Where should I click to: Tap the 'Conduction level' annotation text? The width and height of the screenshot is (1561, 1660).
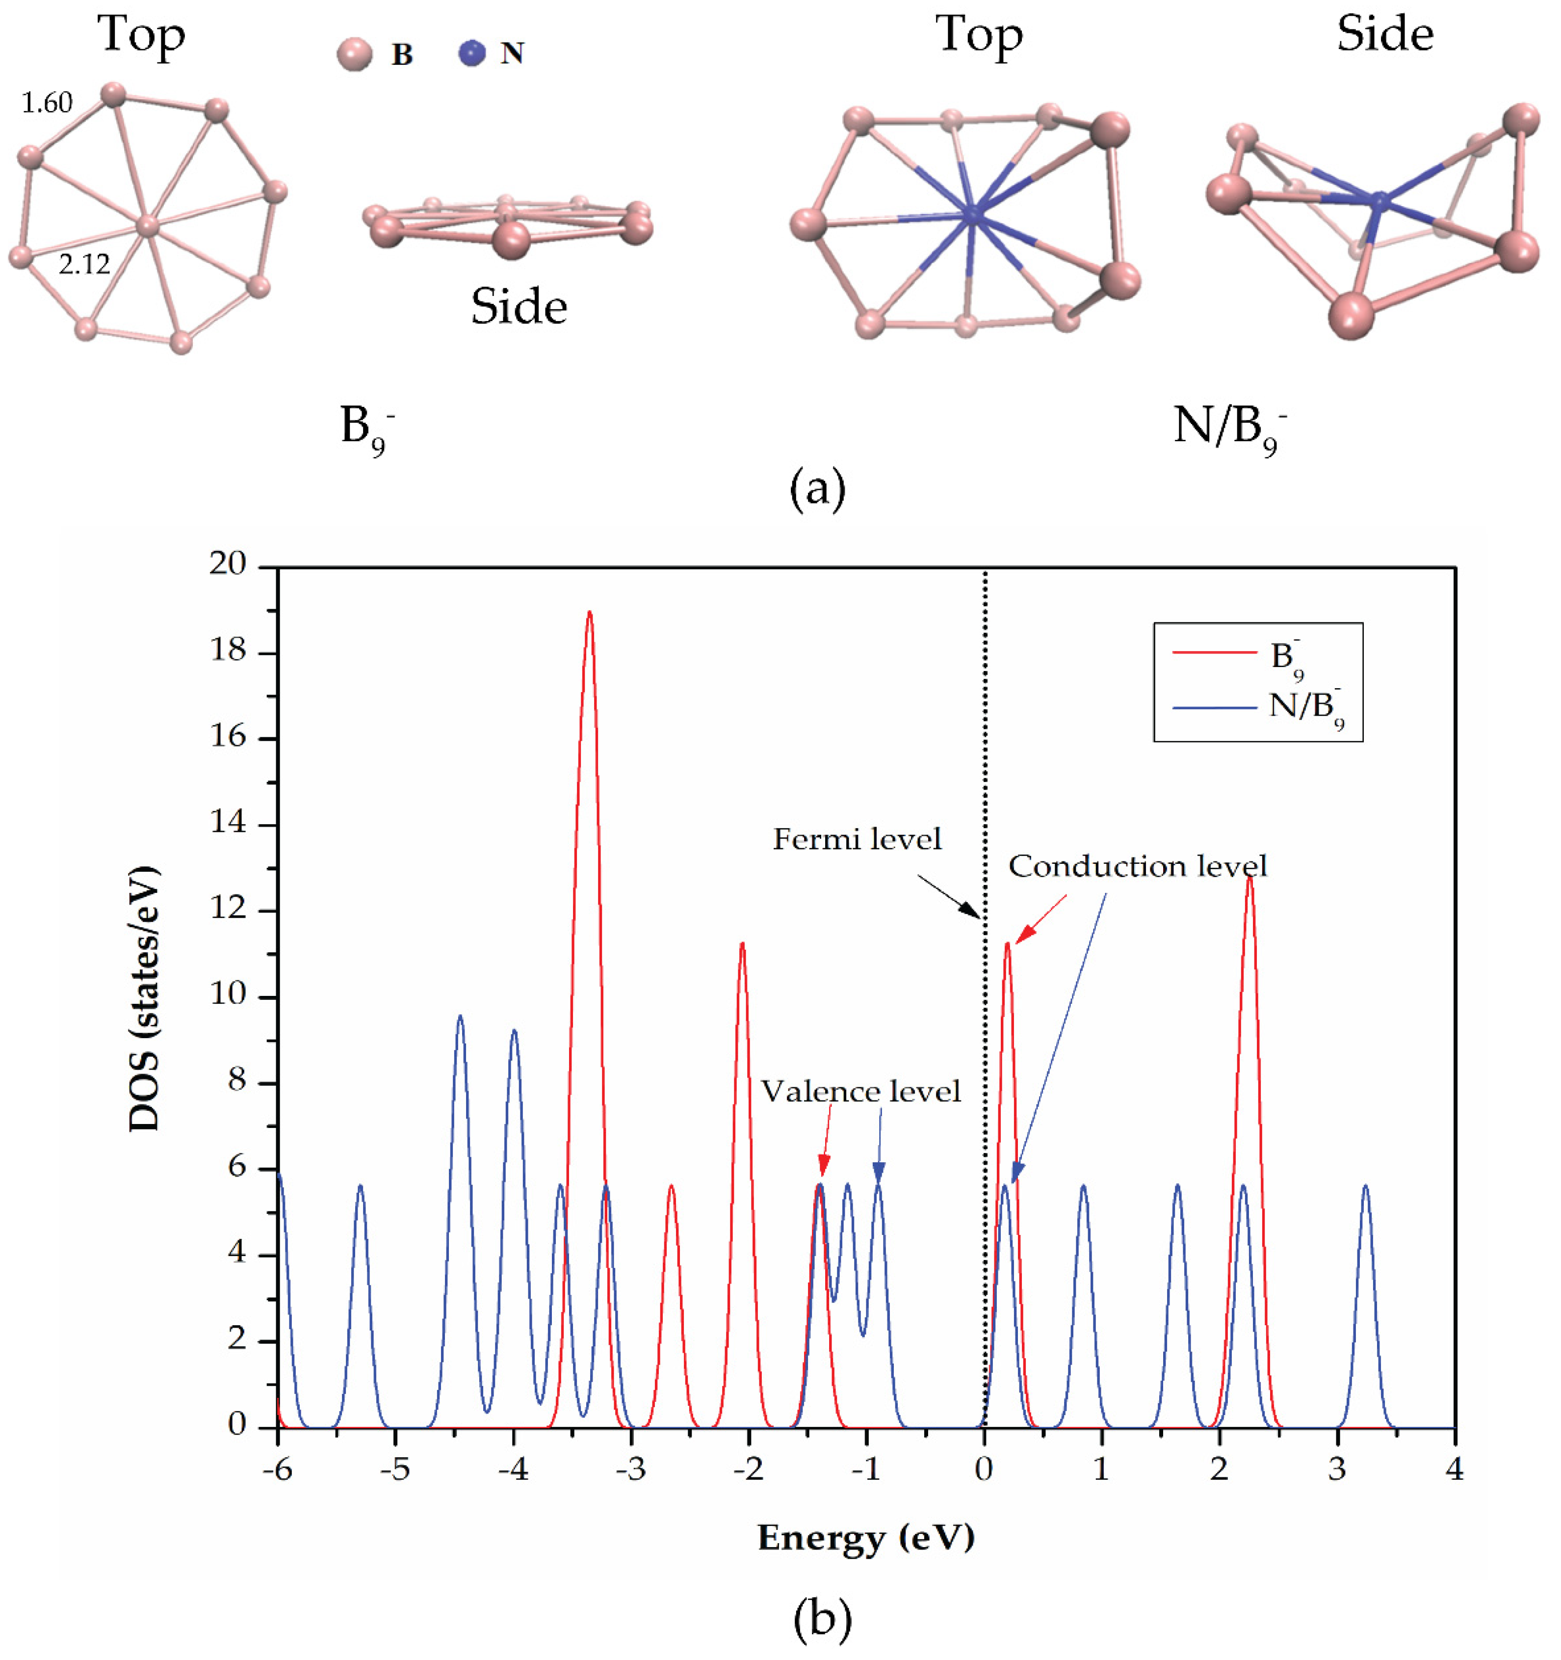[1137, 867]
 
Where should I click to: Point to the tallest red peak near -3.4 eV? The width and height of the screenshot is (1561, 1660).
[589, 614]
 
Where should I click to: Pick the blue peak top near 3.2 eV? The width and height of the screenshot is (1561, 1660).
[1366, 1186]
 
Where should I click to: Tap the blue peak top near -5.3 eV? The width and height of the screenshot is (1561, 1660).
[361, 1186]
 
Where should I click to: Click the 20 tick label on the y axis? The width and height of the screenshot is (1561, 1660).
[228, 565]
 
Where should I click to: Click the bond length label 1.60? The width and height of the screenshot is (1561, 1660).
[47, 103]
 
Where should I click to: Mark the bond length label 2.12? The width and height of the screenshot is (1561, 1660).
[84, 265]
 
